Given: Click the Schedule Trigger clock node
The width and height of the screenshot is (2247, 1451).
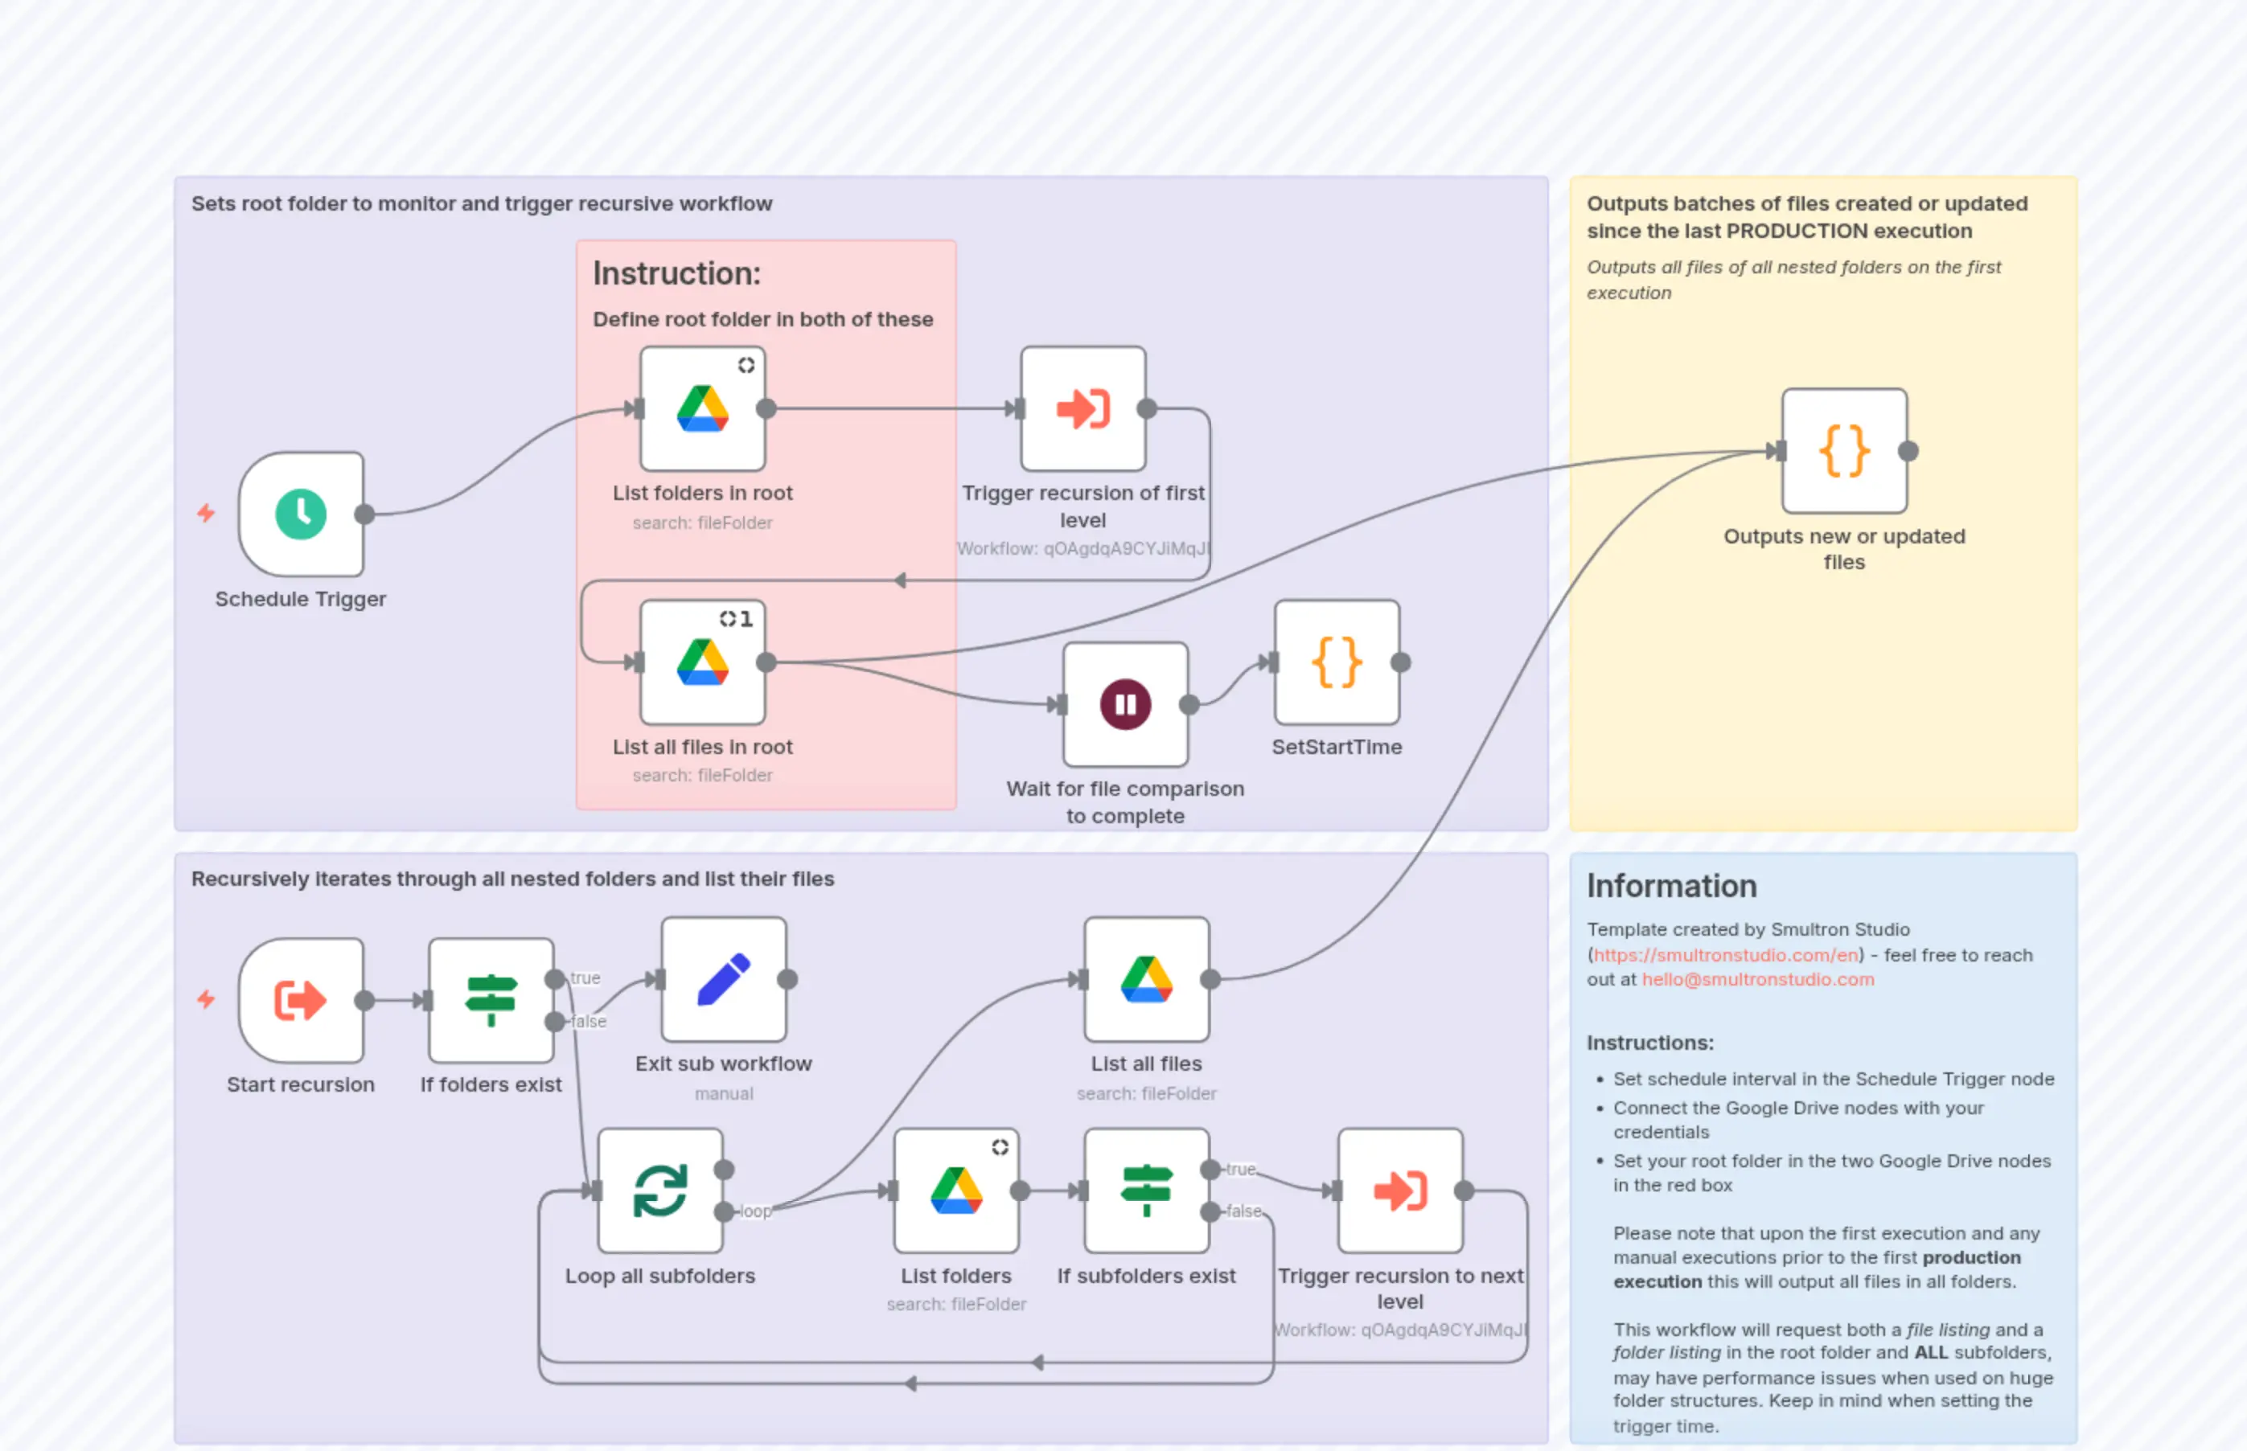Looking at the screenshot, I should click(x=301, y=514).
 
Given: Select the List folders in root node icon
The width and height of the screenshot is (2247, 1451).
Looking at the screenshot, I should click(x=702, y=408).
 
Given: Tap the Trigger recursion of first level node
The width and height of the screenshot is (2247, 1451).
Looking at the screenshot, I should click(x=1083, y=408).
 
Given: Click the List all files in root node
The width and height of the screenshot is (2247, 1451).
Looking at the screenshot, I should click(x=702, y=662).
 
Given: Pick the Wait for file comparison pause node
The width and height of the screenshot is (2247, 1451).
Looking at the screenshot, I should click(x=1125, y=704).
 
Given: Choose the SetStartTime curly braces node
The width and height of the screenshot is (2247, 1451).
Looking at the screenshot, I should click(x=1337, y=662).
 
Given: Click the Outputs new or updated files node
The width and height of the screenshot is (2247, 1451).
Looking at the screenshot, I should click(x=1843, y=450).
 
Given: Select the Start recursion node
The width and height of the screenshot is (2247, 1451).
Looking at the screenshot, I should click(x=301, y=1000).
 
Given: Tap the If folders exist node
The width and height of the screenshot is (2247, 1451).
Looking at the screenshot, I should click(x=491, y=1000).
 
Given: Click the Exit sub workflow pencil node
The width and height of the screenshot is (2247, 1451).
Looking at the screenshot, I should click(x=724, y=979).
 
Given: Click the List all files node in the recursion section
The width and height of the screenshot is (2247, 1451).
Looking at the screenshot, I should click(x=1146, y=979).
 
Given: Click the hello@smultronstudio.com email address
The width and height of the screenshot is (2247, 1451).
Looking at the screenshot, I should click(x=1758, y=979).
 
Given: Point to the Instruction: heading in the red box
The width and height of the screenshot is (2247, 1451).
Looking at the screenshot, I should click(x=676, y=273).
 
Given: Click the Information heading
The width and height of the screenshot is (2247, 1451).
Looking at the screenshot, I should click(x=1671, y=886).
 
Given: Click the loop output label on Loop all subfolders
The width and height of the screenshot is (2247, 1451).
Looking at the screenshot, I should click(x=755, y=1211).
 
